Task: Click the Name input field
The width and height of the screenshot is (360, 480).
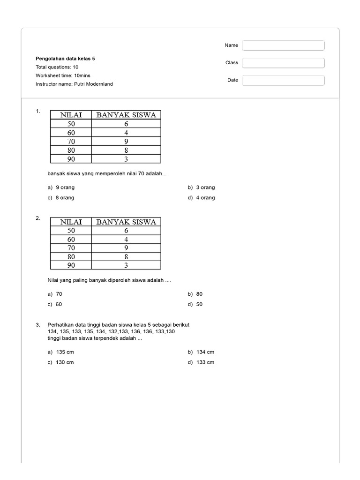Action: pyautogui.click(x=283, y=45)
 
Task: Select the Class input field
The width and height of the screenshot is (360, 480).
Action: pyautogui.click(x=283, y=63)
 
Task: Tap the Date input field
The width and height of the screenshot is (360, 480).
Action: pyautogui.click(x=283, y=80)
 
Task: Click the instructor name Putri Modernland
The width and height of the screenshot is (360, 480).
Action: pyautogui.click(x=74, y=84)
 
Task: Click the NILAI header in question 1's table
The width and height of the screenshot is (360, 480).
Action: pyautogui.click(x=71, y=115)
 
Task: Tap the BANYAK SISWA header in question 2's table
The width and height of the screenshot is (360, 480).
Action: pyautogui.click(x=126, y=222)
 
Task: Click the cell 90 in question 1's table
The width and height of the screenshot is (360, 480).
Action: pyautogui.click(x=71, y=159)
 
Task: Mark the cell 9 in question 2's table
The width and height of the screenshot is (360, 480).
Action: pyautogui.click(x=126, y=248)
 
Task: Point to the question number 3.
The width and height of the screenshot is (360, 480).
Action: pyautogui.click(x=37, y=324)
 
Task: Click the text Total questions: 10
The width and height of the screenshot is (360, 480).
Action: pyautogui.click(x=57, y=67)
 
